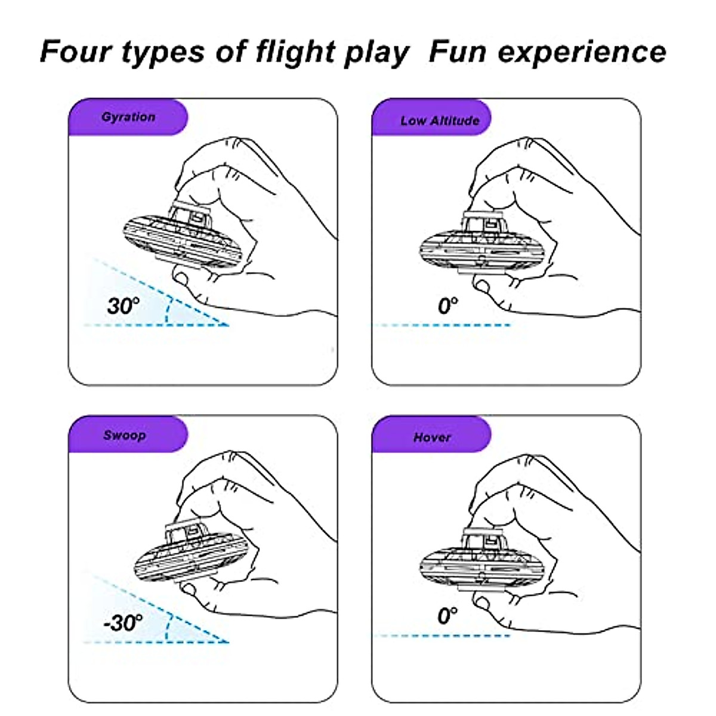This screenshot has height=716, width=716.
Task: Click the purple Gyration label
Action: [128, 117]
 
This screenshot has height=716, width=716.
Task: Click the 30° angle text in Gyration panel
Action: [123, 306]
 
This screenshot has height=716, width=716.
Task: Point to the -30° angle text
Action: [123, 623]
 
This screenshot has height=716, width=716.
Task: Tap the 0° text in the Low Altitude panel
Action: [447, 306]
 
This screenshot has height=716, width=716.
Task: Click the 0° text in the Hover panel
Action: [447, 615]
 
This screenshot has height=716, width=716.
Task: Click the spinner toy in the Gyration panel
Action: [183, 239]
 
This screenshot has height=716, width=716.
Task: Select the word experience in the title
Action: [582, 51]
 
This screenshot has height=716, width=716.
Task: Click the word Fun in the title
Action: [457, 51]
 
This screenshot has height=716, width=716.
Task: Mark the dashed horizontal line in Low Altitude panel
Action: [442, 325]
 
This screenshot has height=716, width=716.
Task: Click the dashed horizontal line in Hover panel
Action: [442, 635]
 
